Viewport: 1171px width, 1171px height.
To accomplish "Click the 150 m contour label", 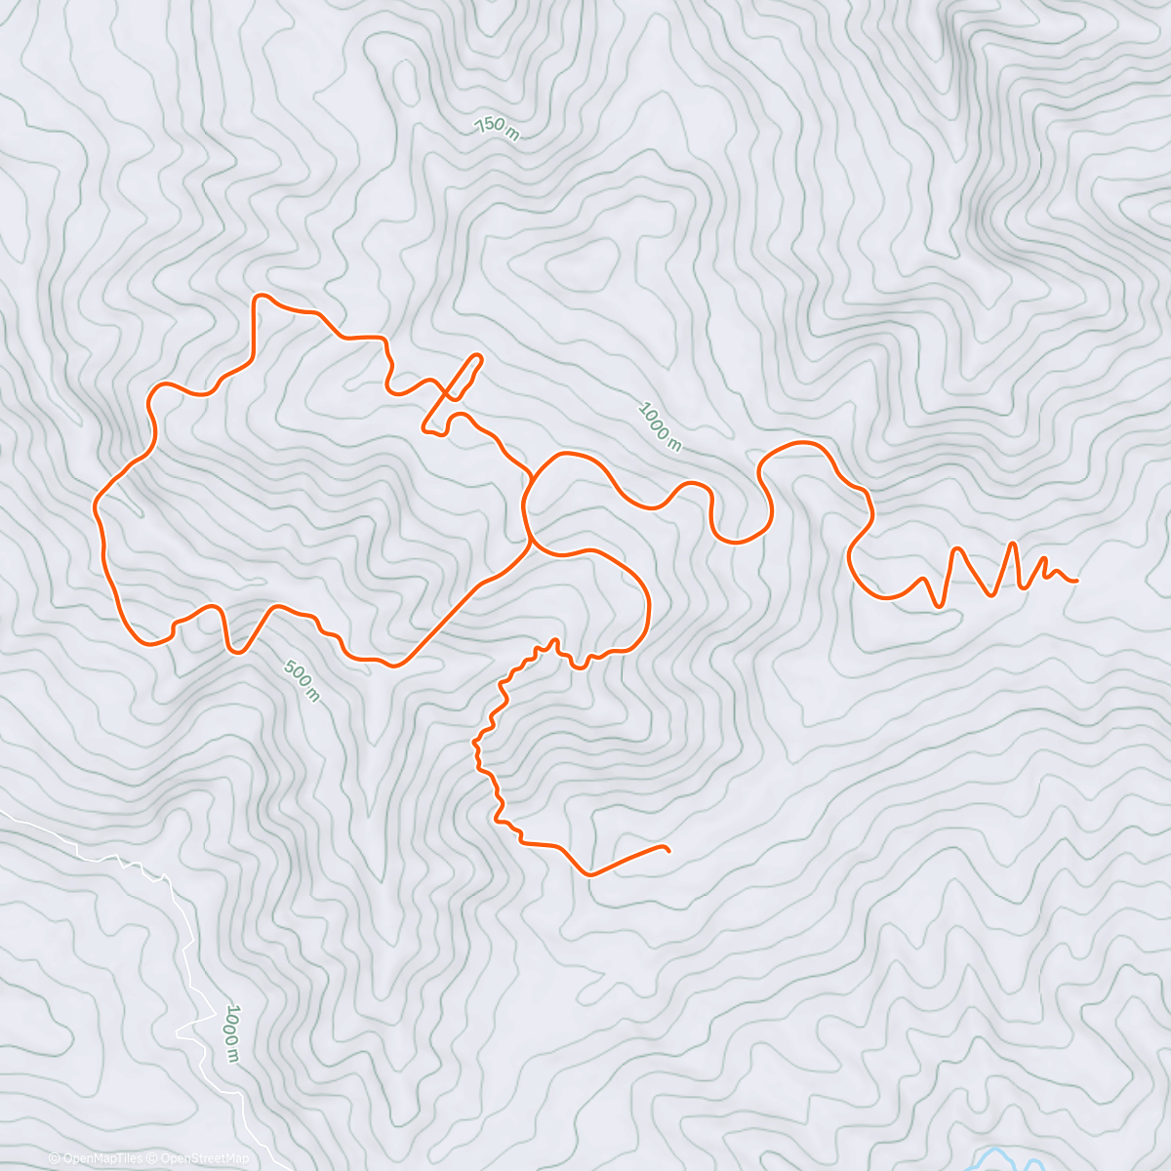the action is coord(497,128).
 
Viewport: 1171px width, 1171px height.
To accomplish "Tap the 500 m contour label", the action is coord(301,680).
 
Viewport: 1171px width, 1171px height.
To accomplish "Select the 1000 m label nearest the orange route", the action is coord(660,426).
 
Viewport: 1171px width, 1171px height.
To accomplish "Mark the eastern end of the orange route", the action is coord(1075,581).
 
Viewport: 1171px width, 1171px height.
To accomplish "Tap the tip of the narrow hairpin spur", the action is coord(478,356).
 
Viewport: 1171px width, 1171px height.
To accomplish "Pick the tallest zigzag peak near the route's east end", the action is coord(1015,544).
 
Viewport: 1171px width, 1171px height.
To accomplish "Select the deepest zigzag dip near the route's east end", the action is coord(939,605).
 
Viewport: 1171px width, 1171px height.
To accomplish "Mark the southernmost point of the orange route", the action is coord(589,874).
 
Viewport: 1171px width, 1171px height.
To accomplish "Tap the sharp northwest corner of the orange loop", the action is coord(258,296).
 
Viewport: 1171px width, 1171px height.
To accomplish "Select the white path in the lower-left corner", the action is coord(185,937).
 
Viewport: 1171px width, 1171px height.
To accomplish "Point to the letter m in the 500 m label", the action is coord(311,695).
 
